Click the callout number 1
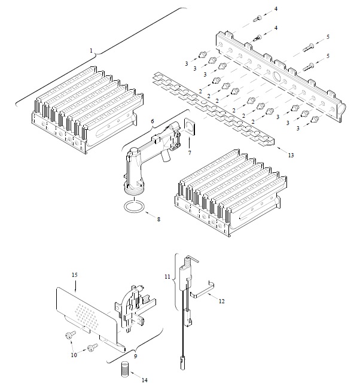pyautogui.click(x=91, y=51)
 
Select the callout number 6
pyautogui.click(x=152, y=121)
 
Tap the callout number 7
pyautogui.click(x=190, y=153)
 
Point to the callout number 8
pyautogui.click(x=158, y=219)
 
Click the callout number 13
pyautogui.click(x=291, y=155)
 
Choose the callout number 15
pyautogui.click(x=75, y=275)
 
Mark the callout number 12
pyautogui.click(x=221, y=301)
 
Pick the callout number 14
pyautogui.click(x=145, y=380)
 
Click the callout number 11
pyautogui.click(x=167, y=276)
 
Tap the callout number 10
pyautogui.click(x=74, y=355)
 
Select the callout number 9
pyautogui.click(x=136, y=356)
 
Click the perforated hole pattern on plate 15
pyautogui.click(x=86, y=316)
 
